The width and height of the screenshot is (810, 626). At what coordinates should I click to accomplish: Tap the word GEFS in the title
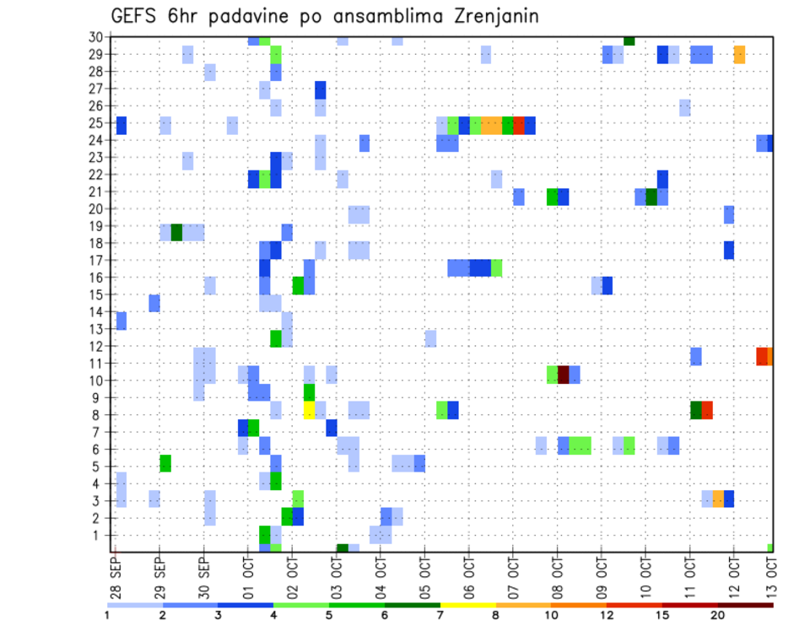(x=138, y=16)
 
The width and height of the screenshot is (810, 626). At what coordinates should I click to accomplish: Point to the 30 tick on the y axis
(x=97, y=37)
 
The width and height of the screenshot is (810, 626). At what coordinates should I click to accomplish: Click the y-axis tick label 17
(x=97, y=261)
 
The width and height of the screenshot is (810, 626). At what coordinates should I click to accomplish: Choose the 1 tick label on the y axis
(x=100, y=536)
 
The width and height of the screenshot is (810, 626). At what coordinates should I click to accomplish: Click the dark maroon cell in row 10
(x=564, y=375)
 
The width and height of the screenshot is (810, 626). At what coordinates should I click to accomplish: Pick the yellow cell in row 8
(x=309, y=410)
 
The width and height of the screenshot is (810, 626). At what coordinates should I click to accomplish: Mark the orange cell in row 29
(x=739, y=55)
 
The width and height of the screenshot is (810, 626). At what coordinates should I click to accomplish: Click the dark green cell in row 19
(x=176, y=232)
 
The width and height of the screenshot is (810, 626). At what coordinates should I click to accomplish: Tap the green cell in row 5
(x=165, y=463)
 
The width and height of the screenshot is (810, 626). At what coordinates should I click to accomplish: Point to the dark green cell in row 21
(x=651, y=197)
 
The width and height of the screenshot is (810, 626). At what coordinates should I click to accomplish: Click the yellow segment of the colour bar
(x=467, y=605)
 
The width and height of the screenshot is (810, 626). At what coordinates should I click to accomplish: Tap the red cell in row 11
(x=762, y=356)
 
